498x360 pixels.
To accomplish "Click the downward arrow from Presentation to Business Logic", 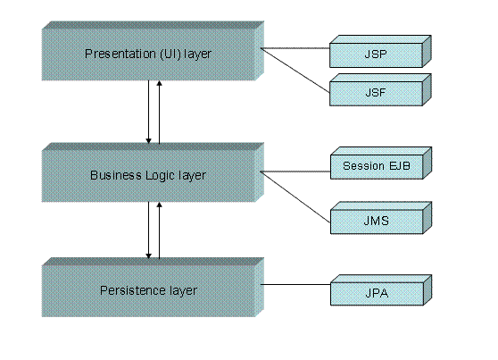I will click(148, 112).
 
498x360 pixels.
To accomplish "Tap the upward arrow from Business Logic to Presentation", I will click(160, 112).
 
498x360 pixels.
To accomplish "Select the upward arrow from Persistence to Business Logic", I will click(160, 230).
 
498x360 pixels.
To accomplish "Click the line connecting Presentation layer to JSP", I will click(295, 49).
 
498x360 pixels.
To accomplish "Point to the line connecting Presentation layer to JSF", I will click(295, 67).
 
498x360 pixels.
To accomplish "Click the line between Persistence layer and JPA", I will click(295, 287).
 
